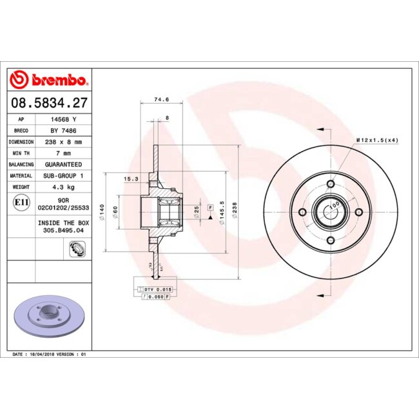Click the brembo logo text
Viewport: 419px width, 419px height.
pyautogui.click(x=57, y=81)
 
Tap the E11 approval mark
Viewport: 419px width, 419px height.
pyautogui.click(x=21, y=203)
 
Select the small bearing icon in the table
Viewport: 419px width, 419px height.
pyautogui.click(x=75, y=248)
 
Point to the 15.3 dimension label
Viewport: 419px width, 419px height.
pyautogui.click(x=131, y=179)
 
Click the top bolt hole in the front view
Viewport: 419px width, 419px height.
pyautogui.click(x=331, y=185)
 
